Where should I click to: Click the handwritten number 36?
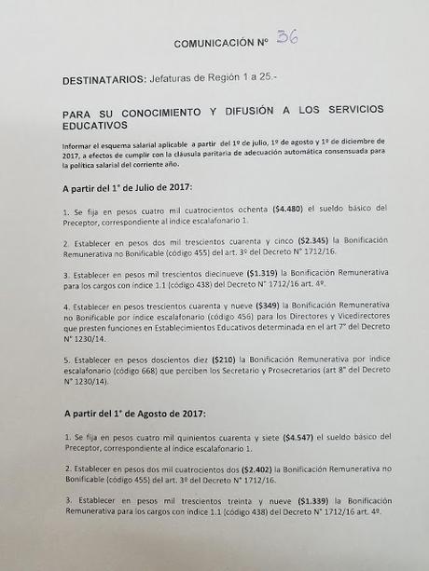pos(286,38)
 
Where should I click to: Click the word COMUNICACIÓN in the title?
pos(213,44)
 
